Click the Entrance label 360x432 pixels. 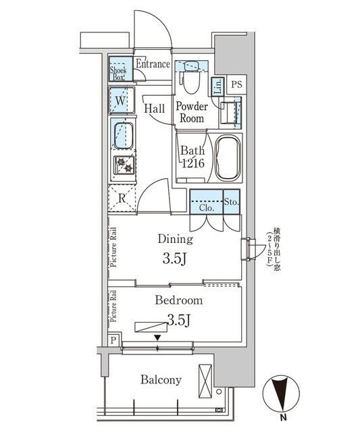coord(153,64)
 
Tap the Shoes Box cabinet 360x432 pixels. coord(119,69)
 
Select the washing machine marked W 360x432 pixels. coord(120,101)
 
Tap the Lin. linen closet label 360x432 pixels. coord(218,86)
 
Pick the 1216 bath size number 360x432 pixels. coord(191,164)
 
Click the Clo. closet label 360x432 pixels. coord(207,208)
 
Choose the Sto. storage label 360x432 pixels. coord(231,200)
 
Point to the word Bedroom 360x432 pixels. coord(179,300)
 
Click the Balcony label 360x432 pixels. coord(161,380)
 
